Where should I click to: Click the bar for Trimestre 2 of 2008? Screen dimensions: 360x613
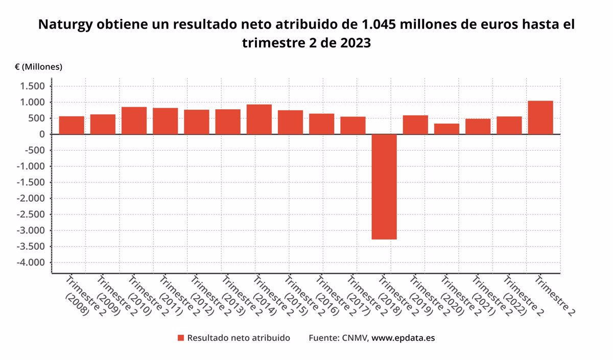tap(72, 125)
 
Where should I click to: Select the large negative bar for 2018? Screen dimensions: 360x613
tap(384, 186)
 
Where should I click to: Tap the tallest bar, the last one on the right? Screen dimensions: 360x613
tap(540, 117)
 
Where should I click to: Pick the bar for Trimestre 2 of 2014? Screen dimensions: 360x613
tap(259, 119)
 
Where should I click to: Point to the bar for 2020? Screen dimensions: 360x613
tap(446, 129)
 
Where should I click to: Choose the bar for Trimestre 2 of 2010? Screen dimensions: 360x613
tap(134, 121)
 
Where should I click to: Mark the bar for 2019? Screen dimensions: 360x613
tap(415, 125)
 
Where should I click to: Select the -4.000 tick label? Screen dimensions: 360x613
tap(32, 262)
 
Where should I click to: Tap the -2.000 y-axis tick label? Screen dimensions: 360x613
tap(32, 199)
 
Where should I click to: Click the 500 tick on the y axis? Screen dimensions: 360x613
tap(37, 118)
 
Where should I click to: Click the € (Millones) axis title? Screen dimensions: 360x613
tap(38, 67)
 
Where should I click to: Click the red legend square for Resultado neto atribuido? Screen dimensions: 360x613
tap(180, 338)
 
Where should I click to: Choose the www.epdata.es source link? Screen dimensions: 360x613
tap(403, 338)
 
